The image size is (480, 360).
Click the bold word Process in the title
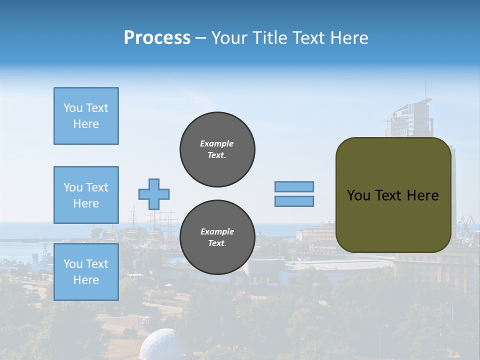pos(157,38)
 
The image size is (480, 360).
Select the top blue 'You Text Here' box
pos(86,116)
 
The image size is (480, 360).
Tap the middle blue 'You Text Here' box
pos(86,195)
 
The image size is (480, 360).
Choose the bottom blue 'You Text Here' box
pos(86,272)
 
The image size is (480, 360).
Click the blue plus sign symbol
pos(153,194)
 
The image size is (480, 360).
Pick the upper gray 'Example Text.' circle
pos(217,149)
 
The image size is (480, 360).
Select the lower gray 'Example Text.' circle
pos(217,237)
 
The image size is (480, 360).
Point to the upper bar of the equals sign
pos(294,186)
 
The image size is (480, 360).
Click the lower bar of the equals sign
pos(294,201)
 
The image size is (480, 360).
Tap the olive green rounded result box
pos(393,195)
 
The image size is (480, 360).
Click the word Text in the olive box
pos(393,195)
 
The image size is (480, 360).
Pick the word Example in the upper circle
pos(217,144)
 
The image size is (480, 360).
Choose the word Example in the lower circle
pos(217,232)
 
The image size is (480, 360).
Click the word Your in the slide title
pos(229,38)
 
